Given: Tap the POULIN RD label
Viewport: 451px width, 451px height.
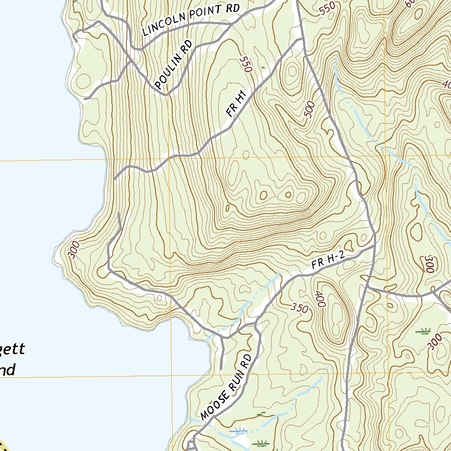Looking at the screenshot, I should coord(174,66).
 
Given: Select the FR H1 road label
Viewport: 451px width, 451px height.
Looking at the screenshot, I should coord(236,104).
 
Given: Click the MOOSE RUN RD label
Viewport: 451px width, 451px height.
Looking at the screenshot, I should coord(225,386).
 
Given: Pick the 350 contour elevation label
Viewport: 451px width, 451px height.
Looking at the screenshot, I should coord(300,308).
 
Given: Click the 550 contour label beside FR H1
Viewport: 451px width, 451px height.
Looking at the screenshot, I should coord(246,64).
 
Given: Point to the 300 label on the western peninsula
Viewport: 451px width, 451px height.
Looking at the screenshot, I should coord(74,249).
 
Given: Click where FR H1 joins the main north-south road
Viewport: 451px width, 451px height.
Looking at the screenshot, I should coord(303,40).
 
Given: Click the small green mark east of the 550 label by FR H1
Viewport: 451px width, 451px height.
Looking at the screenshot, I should coord(263,67).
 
